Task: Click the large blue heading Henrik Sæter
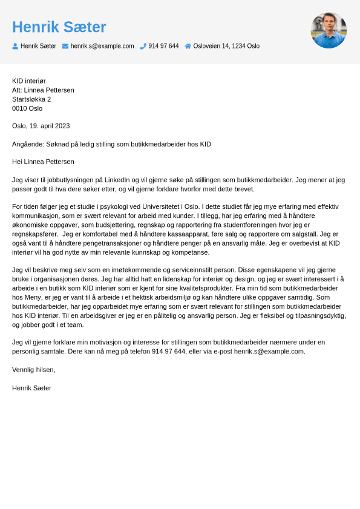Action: (x=59, y=27)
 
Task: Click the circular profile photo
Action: (x=329, y=30)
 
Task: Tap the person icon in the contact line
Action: (x=15, y=46)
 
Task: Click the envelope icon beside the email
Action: (x=65, y=46)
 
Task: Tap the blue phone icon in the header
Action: (x=143, y=46)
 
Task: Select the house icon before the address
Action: (x=188, y=46)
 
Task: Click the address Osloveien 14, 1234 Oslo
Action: (x=226, y=46)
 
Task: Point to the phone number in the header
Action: (x=163, y=46)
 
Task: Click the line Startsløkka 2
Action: (x=31, y=99)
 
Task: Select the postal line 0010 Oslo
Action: (x=27, y=108)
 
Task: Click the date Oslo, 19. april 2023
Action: (x=41, y=126)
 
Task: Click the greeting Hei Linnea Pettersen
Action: (x=43, y=162)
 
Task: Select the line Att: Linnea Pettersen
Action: (x=43, y=90)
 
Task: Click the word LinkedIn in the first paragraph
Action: (x=117, y=180)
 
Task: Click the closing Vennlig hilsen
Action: (x=33, y=369)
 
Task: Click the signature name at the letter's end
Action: (x=31, y=387)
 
